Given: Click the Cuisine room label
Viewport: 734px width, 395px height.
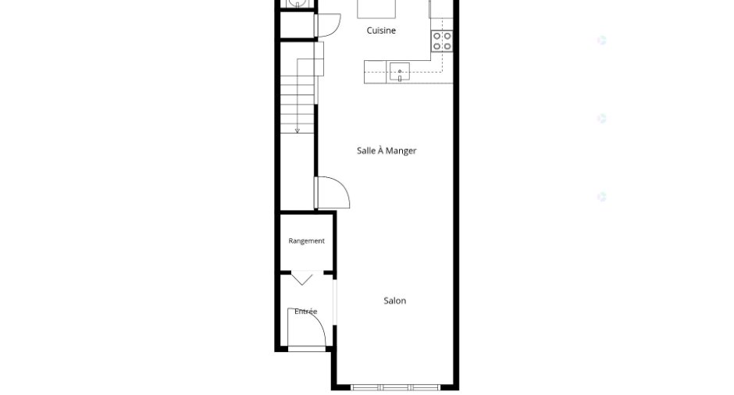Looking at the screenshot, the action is pos(381,30).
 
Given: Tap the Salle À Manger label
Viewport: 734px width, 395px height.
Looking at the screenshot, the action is pos(387,151).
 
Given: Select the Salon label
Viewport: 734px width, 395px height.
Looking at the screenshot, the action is pos(394,301).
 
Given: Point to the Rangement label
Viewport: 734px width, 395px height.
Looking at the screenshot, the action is pos(307,241).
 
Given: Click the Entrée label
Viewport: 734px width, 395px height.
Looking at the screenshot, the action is pos(305,311).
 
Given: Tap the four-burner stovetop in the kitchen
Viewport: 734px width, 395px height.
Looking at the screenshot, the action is pos(442,41).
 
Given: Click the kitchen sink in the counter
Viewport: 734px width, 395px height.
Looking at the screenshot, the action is pos(400,72).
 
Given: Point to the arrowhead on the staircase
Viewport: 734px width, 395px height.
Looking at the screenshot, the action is pos(298,131).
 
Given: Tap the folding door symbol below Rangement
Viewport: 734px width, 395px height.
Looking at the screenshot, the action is pos(302,279).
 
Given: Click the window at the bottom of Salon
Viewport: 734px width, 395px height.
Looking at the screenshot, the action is pos(395,387).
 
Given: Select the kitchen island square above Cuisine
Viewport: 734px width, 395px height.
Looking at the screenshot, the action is pos(376,9).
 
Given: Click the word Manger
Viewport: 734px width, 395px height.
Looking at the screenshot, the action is pos(401,151).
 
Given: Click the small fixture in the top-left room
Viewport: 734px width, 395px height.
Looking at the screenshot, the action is pos(298,3).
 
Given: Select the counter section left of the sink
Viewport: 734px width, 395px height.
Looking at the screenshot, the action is pos(376,72).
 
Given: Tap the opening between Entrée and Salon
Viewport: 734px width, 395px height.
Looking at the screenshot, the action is pos(335,302).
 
